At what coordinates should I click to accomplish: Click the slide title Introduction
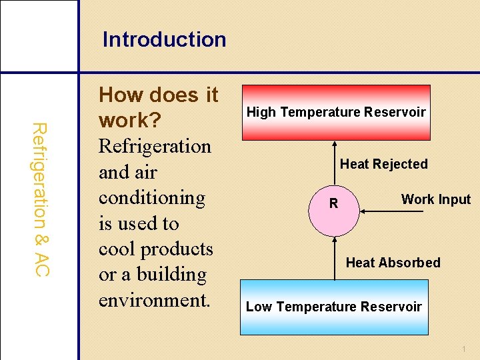164,39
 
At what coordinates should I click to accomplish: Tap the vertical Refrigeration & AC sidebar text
40,199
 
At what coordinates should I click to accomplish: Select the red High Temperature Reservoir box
336,112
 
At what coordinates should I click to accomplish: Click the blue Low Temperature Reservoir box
333,307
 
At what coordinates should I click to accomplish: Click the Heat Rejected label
383,164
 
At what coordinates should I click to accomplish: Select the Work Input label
435,199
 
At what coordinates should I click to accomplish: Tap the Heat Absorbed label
393,263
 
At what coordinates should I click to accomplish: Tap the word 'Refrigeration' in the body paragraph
155,146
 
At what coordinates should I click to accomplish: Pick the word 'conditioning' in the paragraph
152,198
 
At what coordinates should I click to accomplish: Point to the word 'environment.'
155,300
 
